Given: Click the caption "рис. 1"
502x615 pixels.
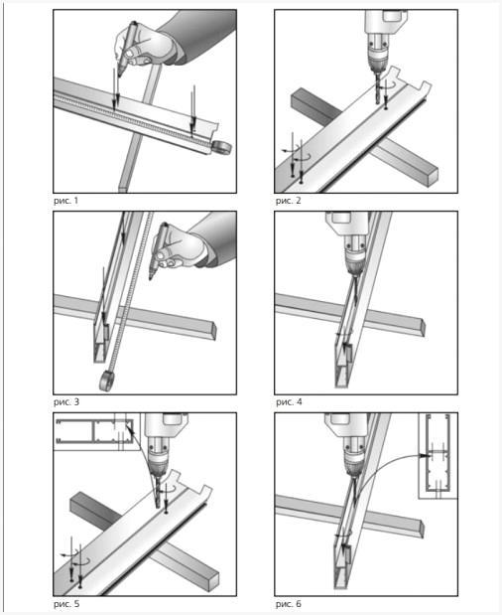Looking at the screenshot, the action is pyautogui.click(x=65, y=201).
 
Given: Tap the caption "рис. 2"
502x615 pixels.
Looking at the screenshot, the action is pyautogui.click(x=288, y=201).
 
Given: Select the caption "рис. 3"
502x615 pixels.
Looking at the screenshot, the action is pyautogui.click(x=66, y=402).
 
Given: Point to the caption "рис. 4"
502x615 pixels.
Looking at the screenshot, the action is pyautogui.click(x=289, y=402).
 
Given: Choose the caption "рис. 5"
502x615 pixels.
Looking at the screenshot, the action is pyautogui.click(x=66, y=604).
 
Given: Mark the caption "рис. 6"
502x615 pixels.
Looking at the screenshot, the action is pyautogui.click(x=289, y=604).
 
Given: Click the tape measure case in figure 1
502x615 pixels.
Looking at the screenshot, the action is pyautogui.click(x=221, y=148).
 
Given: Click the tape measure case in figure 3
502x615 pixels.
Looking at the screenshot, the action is pyautogui.click(x=107, y=381).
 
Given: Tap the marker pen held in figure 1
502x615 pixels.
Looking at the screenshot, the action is pyautogui.click(x=126, y=49).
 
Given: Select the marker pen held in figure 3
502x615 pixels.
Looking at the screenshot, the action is pyautogui.click(x=158, y=250).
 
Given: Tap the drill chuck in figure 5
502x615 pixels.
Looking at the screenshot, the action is pyautogui.click(x=158, y=462).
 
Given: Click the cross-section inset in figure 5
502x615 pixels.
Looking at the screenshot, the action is pyautogui.click(x=95, y=431).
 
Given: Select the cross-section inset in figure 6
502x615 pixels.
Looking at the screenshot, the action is pyautogui.click(x=438, y=456).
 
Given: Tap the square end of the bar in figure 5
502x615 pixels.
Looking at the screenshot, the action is pyautogui.click(x=214, y=579).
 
